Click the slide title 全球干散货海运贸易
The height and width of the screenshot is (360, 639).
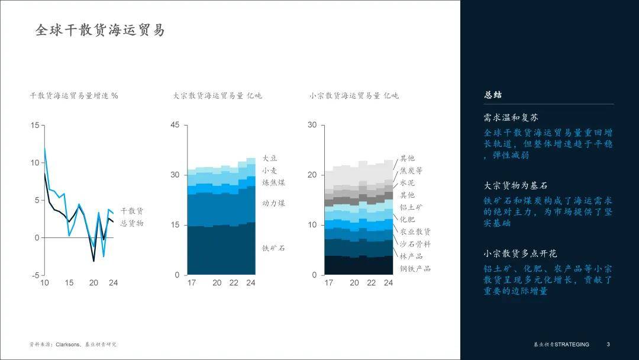[100, 30]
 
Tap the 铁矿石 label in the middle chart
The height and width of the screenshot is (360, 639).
[273, 248]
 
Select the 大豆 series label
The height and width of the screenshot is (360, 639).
[270, 158]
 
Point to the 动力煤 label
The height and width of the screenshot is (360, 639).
[273, 203]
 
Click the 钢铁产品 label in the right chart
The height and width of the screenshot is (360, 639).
[415, 268]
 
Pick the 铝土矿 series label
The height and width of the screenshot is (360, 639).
[411, 207]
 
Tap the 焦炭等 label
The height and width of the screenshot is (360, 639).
[411, 171]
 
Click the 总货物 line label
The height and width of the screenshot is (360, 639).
[132, 223]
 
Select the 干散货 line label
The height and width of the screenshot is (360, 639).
[132, 211]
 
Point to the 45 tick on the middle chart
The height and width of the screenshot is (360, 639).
[175, 125]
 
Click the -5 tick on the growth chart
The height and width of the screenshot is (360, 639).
[35, 275]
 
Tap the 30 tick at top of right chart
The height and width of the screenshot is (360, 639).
[312, 125]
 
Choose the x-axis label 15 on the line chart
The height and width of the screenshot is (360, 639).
[69, 283]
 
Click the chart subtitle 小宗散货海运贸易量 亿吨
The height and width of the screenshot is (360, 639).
[354, 96]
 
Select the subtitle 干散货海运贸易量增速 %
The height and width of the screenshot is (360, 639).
[74, 96]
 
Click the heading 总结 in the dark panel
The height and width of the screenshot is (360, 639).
[493, 95]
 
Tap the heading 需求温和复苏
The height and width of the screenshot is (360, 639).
[511, 118]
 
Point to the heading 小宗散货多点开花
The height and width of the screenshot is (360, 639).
[521, 253]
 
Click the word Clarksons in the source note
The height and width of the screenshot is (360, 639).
[68, 345]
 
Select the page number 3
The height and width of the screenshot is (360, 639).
[608, 345]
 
